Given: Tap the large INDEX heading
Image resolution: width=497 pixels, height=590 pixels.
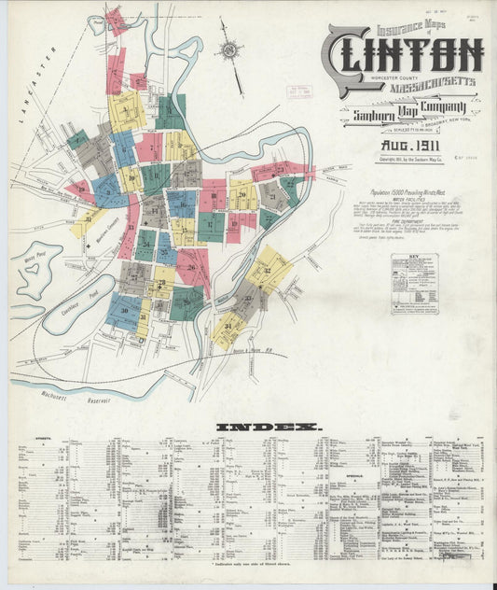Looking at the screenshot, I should (x=269, y=428).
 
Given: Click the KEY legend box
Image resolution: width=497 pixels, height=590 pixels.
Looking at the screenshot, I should (x=415, y=282).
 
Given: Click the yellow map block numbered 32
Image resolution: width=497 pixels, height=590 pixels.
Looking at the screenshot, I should (x=268, y=269).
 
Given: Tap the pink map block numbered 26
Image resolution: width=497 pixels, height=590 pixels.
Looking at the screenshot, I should (x=192, y=268).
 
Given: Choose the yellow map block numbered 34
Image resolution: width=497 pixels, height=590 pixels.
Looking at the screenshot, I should (x=228, y=330).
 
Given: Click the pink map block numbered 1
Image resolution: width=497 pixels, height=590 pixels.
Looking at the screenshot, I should (x=116, y=18).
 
